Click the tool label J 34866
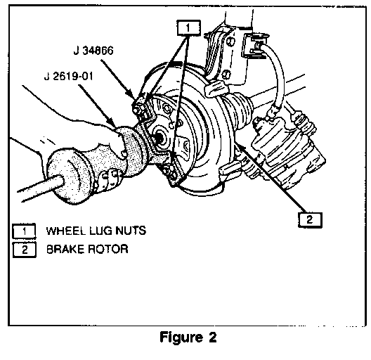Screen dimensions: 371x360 (93, 51)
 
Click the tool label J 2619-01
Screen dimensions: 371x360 (69, 77)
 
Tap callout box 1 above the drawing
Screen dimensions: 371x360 (188, 28)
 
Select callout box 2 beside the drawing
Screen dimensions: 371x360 (310, 220)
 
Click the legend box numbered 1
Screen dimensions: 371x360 (24, 231)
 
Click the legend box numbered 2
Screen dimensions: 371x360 (24, 250)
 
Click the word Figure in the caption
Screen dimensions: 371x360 (181, 337)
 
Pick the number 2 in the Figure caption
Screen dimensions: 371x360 (212, 337)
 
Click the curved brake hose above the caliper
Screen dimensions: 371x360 (279, 73)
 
